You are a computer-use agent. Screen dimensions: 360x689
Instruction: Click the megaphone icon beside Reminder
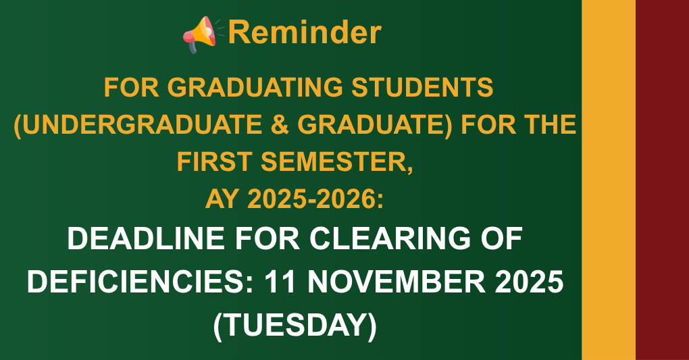[199, 34]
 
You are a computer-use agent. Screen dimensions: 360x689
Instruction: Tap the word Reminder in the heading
[305, 32]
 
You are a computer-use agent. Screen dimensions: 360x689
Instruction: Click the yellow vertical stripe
[608, 180]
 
